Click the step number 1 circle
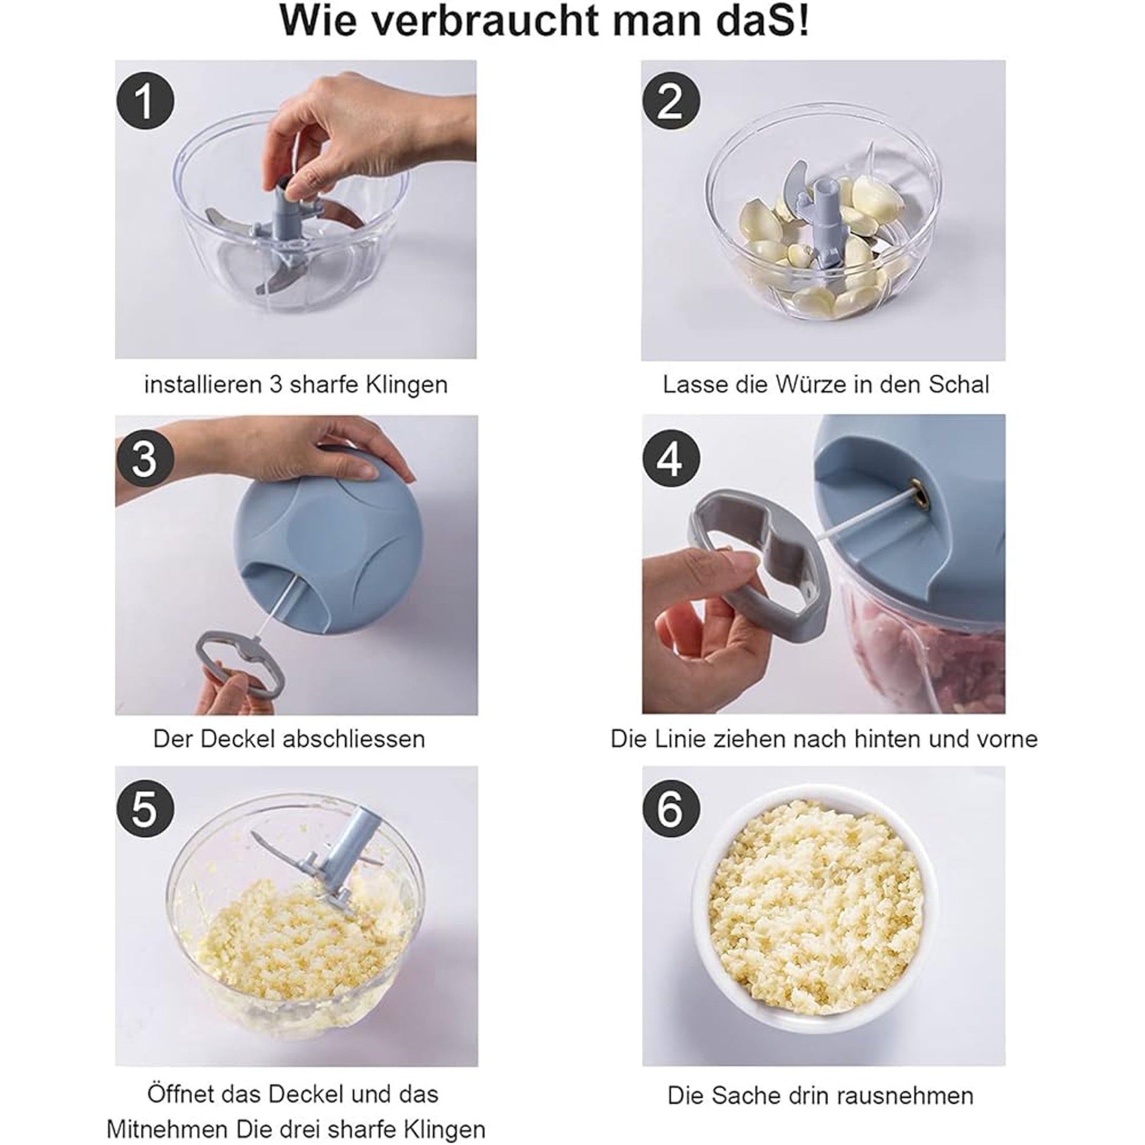(x=145, y=101)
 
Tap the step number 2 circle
(x=671, y=101)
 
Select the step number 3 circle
(x=145, y=460)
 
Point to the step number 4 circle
(x=671, y=460)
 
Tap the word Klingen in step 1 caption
(x=407, y=385)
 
